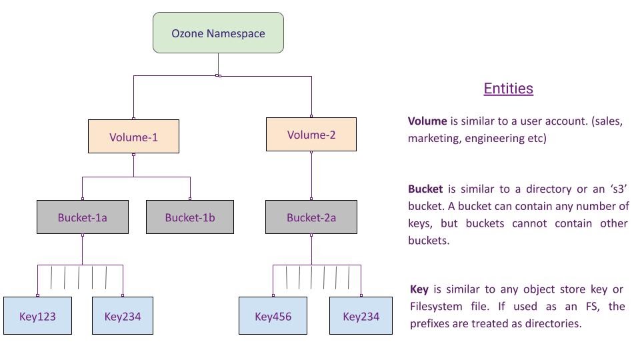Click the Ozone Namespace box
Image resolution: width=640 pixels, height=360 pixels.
(x=218, y=33)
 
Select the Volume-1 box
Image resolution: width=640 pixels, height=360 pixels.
(x=133, y=137)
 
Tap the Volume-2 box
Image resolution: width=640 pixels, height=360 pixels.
(x=311, y=135)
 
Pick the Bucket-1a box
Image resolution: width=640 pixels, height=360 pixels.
(x=82, y=217)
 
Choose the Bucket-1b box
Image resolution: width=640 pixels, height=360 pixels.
(x=190, y=217)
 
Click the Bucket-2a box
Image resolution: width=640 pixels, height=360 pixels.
(x=311, y=217)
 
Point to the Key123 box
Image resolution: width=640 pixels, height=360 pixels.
(x=37, y=315)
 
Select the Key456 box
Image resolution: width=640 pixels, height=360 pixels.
(x=273, y=315)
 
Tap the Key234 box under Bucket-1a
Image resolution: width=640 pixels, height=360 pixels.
(x=123, y=315)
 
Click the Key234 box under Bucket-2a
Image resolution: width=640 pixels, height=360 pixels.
(x=361, y=315)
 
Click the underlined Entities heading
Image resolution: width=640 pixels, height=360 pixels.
(x=508, y=89)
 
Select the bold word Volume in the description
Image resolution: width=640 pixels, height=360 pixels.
(x=427, y=121)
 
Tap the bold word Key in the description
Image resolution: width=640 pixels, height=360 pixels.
(x=419, y=289)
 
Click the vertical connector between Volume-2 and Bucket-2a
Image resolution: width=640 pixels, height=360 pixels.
(x=311, y=175)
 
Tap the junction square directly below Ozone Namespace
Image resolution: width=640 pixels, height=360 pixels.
(x=219, y=75)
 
